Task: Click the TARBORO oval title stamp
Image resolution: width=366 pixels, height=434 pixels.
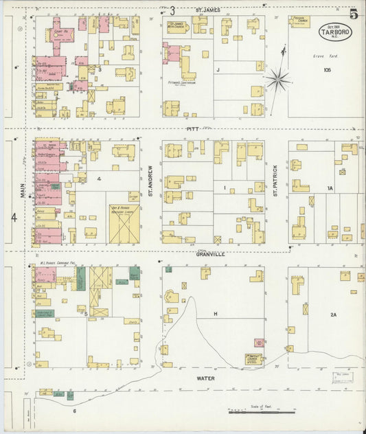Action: (x=334, y=32)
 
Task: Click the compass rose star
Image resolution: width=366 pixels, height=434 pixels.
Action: (x=278, y=80)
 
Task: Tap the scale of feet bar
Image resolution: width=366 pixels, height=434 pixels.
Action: (x=261, y=412)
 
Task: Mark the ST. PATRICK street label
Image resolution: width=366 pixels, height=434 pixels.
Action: (x=275, y=181)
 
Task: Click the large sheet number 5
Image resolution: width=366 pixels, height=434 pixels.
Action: (x=354, y=14)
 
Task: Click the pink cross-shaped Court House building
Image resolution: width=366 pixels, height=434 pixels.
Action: (x=60, y=37)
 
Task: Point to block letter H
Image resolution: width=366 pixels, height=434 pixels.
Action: (x=215, y=314)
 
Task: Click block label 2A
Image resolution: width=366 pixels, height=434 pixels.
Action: (x=333, y=315)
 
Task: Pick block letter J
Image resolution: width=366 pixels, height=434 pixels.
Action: (x=218, y=69)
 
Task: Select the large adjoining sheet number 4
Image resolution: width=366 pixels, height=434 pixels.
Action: (x=14, y=218)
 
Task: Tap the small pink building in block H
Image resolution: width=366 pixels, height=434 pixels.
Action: (x=259, y=342)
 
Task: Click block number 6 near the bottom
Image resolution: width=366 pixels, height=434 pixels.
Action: (x=74, y=411)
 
